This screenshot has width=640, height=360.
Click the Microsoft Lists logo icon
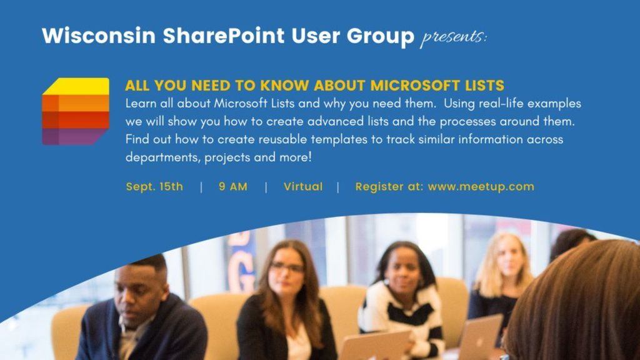pos(76,111)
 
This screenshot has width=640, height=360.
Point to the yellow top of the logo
pos(78,86)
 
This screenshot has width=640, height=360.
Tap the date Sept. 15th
pos(154,186)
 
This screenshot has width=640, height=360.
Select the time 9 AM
pos(233,186)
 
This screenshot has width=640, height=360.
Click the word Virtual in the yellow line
pos(303,186)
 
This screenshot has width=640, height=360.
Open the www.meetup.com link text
pos(481,186)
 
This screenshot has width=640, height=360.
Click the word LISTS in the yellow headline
pos(482,86)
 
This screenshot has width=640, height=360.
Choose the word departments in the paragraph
pos(162,157)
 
